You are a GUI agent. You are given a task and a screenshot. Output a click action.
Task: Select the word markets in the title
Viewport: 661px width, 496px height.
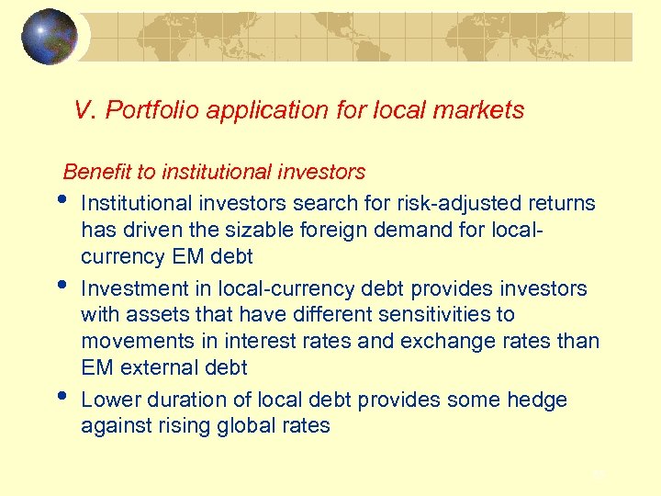coord(481,111)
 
